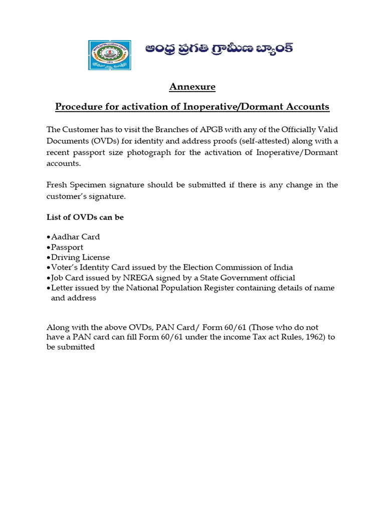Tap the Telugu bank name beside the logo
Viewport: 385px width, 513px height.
pos(219,50)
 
